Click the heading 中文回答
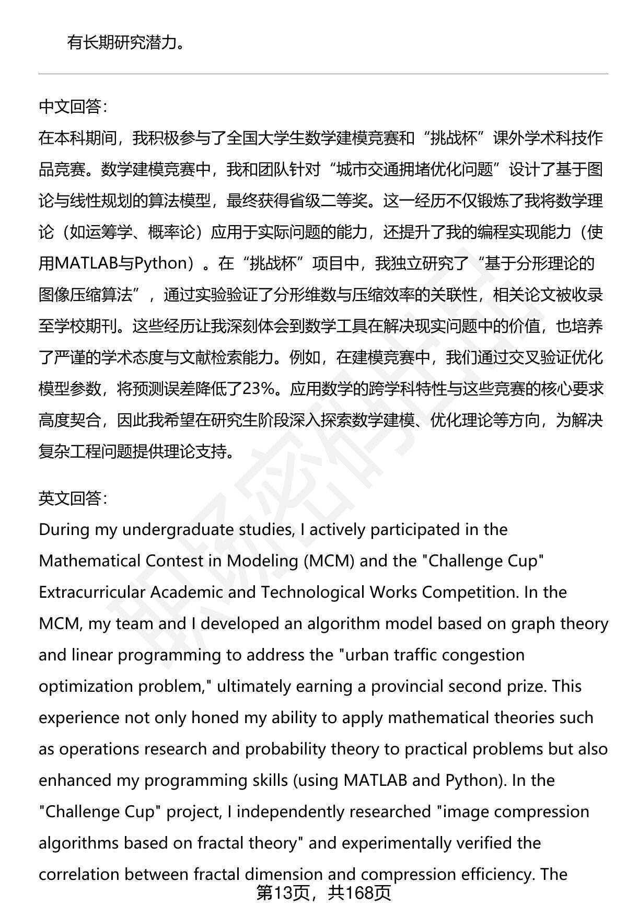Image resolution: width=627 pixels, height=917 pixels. [73, 107]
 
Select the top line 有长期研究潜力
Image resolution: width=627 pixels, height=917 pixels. [125, 42]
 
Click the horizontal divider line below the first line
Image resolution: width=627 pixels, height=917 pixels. [323, 74]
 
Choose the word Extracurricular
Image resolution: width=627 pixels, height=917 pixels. [92, 593]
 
